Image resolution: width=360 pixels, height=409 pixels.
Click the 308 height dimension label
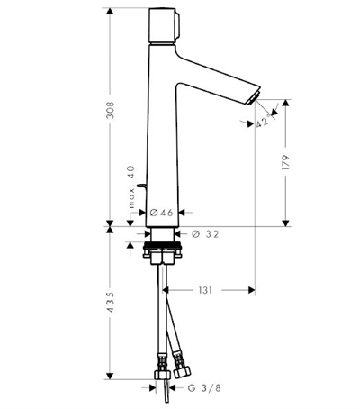click(111, 110)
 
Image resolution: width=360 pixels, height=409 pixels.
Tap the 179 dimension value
click(285, 163)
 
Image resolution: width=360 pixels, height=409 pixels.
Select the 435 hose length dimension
click(111, 302)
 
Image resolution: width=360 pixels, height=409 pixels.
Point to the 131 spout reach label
click(205, 290)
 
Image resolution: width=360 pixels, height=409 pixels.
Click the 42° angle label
click(265, 121)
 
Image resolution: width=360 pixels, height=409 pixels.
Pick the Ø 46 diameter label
click(161, 213)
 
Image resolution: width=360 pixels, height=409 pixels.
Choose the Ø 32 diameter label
click(205, 234)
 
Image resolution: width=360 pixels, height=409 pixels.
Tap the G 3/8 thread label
click(204, 388)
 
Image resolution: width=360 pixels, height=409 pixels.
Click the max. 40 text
click(131, 186)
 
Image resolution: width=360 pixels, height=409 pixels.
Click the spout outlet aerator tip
click(252, 99)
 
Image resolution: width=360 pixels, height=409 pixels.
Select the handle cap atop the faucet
click(164, 25)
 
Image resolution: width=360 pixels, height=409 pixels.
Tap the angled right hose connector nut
click(181, 373)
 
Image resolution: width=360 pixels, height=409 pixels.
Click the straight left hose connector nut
click(162, 374)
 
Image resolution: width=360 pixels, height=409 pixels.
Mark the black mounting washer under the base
click(162, 247)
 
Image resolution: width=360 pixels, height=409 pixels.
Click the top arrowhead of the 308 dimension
click(110, 12)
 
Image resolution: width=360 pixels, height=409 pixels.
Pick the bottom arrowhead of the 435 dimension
click(110, 376)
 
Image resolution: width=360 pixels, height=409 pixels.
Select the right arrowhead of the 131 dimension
click(251, 290)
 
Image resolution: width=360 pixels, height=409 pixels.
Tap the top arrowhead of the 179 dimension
click(285, 103)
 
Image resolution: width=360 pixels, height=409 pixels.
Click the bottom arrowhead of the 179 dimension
click(285, 223)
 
